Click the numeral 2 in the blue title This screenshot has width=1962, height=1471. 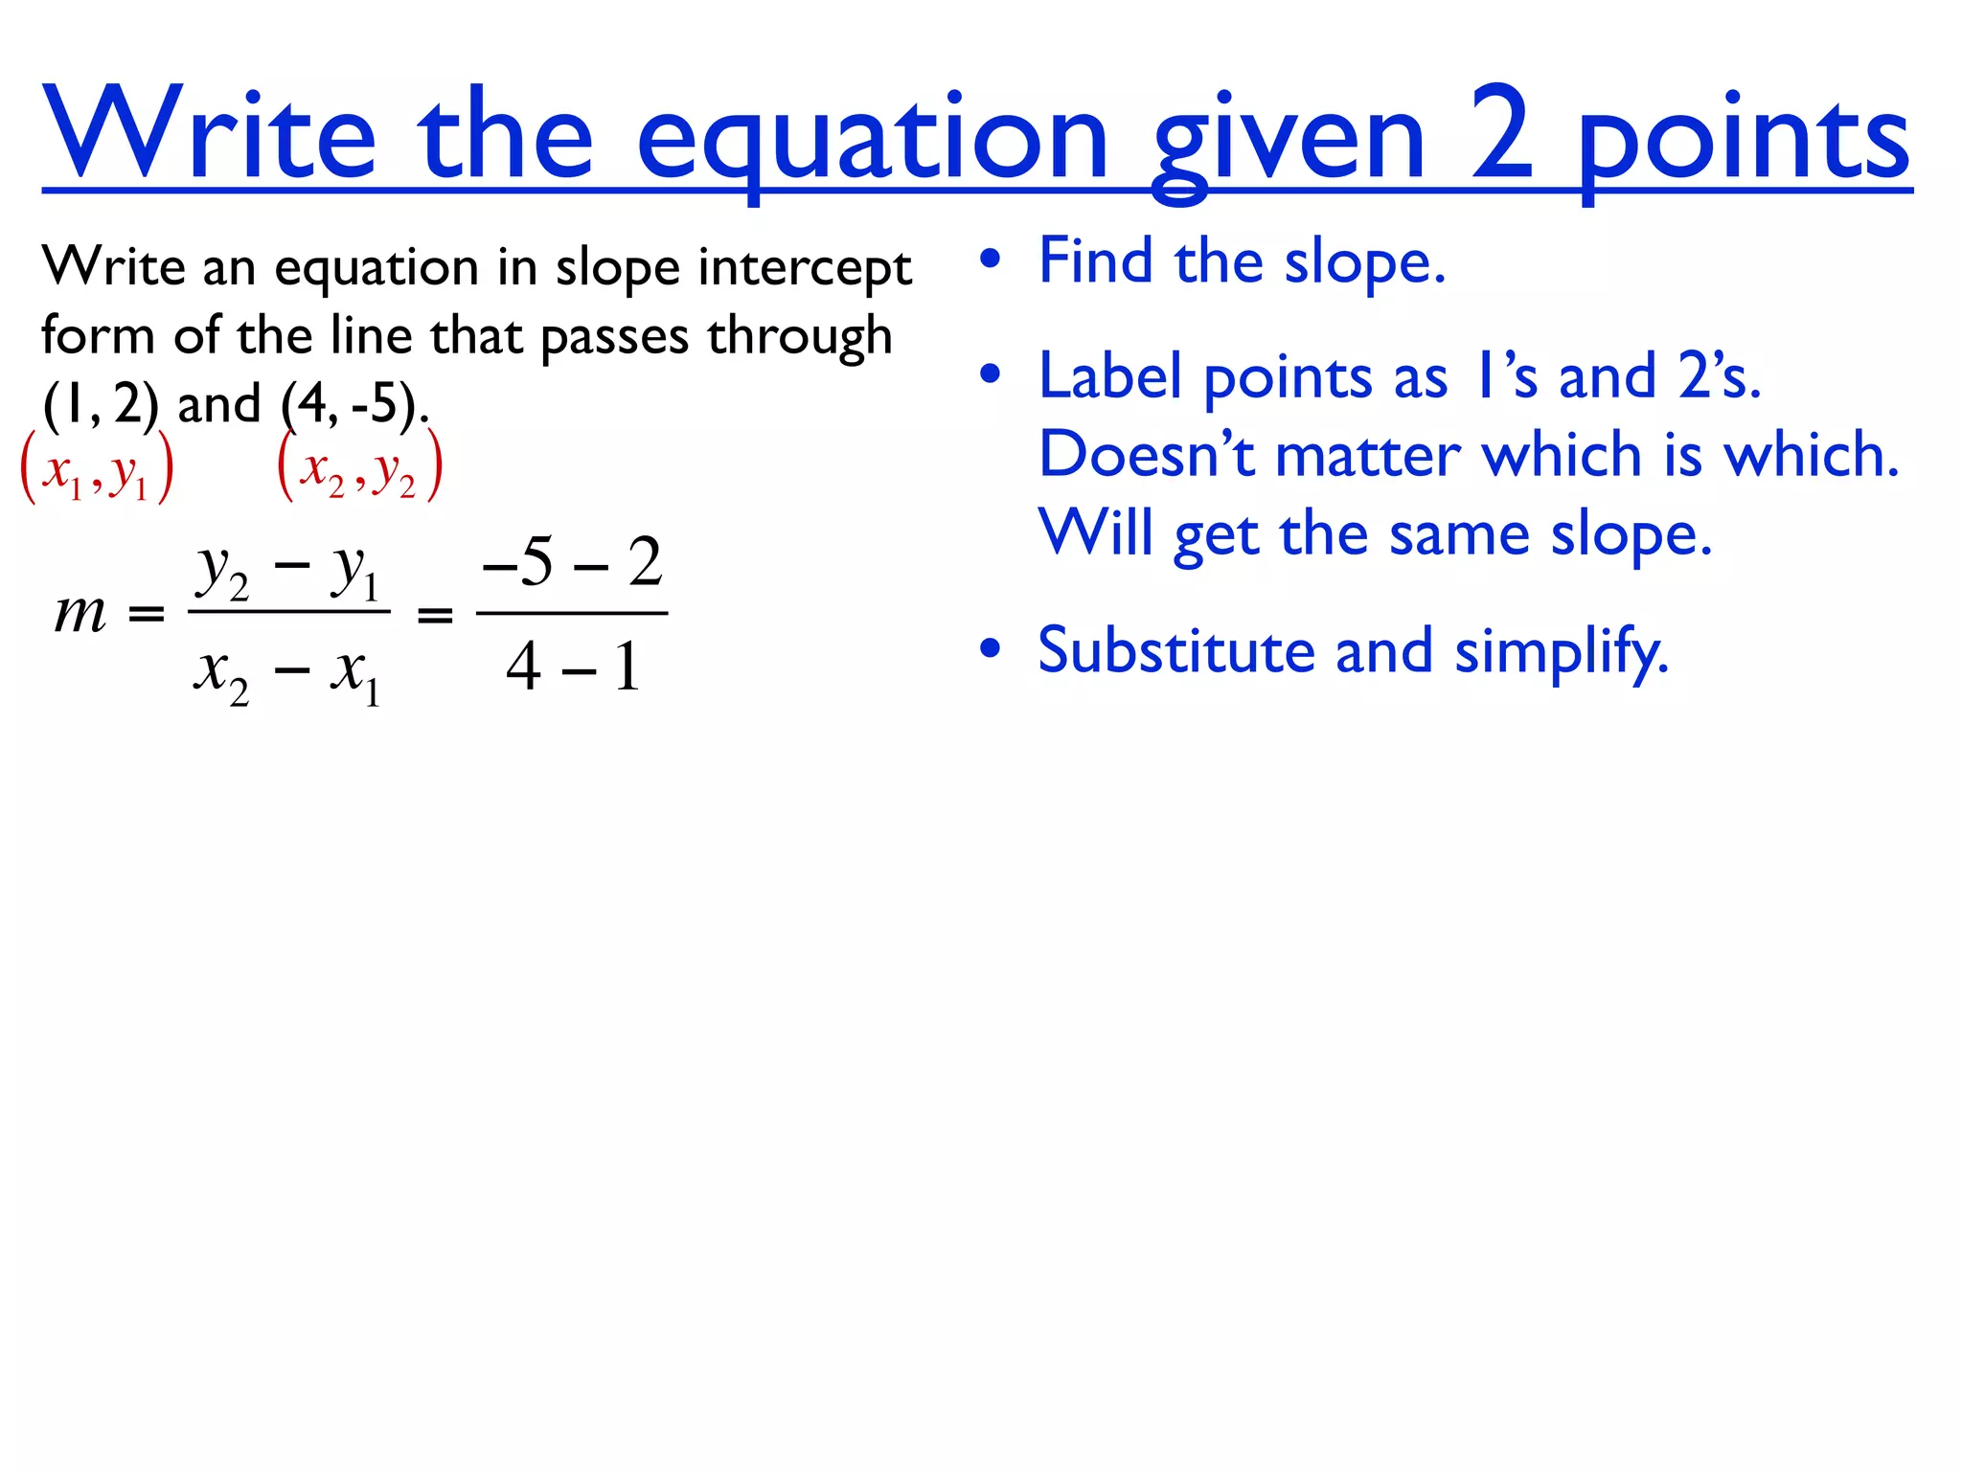[1502, 134]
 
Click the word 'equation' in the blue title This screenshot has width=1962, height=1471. [872, 139]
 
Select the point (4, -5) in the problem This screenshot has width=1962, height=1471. [353, 403]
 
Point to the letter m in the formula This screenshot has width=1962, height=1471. [80, 613]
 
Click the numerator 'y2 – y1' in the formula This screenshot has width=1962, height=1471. [288, 572]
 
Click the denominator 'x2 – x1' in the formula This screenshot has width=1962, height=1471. [288, 672]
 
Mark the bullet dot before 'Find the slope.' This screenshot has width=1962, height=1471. [991, 260]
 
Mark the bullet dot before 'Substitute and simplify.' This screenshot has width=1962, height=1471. [991, 649]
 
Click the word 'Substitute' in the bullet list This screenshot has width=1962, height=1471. [1176, 651]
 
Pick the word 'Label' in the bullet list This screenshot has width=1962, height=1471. [1109, 376]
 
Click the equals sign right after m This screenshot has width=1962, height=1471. [147, 614]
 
